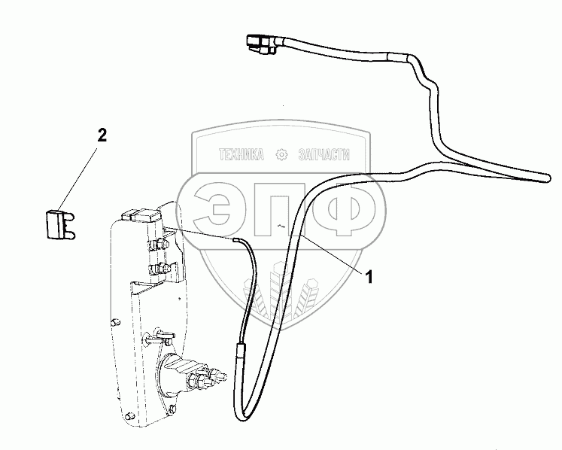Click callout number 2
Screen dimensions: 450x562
102,136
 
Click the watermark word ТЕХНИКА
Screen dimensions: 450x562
241,155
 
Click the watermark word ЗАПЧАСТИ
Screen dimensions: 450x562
325,155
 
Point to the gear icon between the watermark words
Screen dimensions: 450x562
282,155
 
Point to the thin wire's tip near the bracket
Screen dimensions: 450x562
236,239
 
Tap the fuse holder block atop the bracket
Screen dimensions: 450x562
142,216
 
